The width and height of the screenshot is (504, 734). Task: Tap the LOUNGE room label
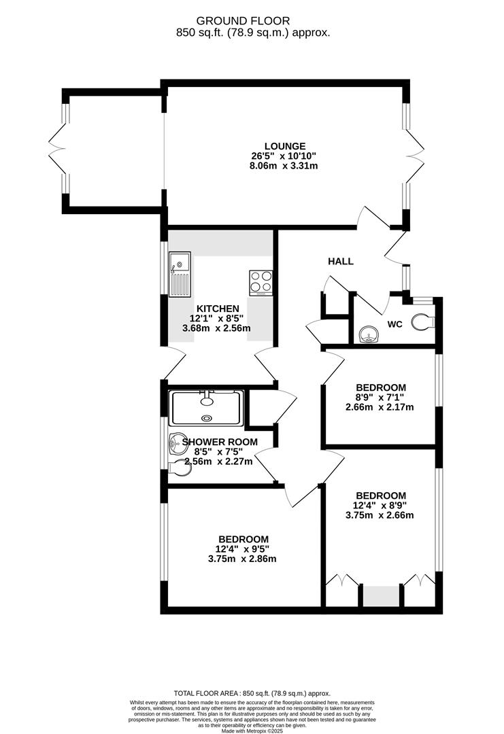tap(285, 145)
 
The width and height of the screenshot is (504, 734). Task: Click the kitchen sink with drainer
tap(180, 273)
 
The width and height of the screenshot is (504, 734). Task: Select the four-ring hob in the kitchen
tap(261, 283)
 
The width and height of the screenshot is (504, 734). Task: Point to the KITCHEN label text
tap(218, 308)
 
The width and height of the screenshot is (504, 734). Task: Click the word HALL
tap(341, 261)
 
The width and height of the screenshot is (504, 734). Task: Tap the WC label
tap(395, 324)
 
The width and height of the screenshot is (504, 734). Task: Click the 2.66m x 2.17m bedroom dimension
tap(380, 408)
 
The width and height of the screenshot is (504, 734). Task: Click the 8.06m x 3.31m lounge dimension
tap(285, 165)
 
